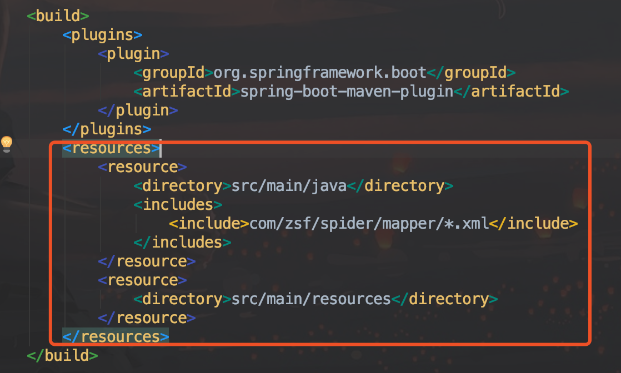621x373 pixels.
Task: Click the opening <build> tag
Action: [x=58, y=16]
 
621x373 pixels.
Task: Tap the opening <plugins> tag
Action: [x=106, y=34]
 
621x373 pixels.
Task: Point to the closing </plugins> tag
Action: [x=107, y=129]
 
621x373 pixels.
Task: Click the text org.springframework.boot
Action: [x=320, y=72]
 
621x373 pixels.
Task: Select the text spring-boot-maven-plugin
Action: [x=347, y=91]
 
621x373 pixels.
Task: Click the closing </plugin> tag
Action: [x=138, y=110]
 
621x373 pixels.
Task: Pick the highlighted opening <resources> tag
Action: [x=111, y=148]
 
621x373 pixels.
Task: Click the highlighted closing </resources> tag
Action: [x=116, y=336]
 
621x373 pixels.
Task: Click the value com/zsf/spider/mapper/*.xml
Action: [x=369, y=223]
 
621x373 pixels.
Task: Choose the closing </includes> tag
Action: [x=182, y=242]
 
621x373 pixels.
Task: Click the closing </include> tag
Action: [x=534, y=223]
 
